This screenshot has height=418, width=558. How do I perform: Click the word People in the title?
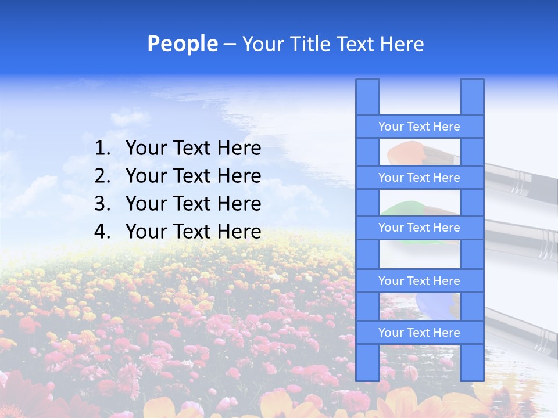tap(182, 44)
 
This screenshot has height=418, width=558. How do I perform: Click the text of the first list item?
tap(193, 149)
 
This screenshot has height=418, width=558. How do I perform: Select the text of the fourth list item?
tap(193, 232)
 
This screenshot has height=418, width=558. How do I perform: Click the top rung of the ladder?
tap(419, 127)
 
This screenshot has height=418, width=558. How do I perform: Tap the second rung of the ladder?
tap(419, 178)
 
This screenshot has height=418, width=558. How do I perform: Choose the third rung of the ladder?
tap(419, 228)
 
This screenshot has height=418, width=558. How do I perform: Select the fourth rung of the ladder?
tap(419, 281)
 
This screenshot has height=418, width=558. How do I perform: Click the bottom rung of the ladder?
tap(419, 333)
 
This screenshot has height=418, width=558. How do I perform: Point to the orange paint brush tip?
tap(401, 153)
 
